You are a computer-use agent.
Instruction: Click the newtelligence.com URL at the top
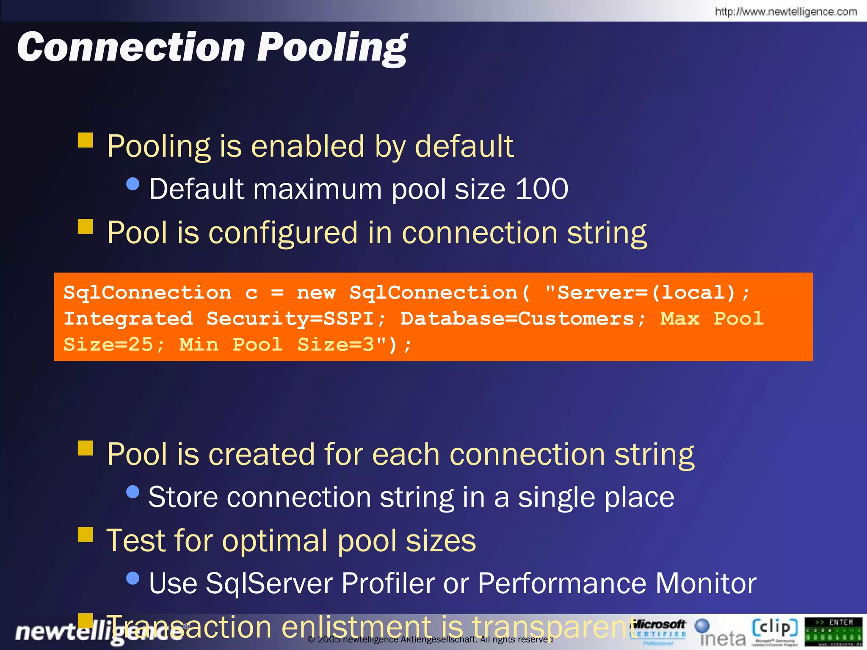[786, 11]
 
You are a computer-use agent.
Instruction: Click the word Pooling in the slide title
[332, 47]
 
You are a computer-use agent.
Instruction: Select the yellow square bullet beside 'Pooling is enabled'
[85, 140]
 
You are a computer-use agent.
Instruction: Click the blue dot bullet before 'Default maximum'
[133, 184]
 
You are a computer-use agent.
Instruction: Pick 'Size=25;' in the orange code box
[114, 344]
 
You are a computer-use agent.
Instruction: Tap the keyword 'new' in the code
[316, 292]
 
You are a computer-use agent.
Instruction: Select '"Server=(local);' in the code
[647, 292]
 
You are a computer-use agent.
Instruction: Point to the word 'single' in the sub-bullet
[557, 497]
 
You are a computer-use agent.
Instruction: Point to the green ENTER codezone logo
[833, 631]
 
